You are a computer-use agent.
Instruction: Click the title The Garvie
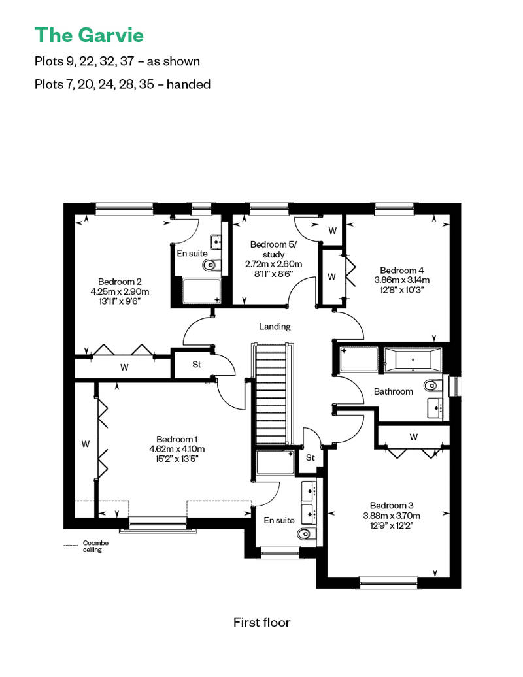click(x=89, y=35)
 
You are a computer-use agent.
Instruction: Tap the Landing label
click(x=275, y=327)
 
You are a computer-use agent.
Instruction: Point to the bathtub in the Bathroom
click(x=413, y=359)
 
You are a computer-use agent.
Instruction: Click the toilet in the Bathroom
click(x=433, y=385)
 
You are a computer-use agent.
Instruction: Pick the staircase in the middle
click(x=272, y=393)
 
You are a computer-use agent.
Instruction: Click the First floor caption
click(x=261, y=622)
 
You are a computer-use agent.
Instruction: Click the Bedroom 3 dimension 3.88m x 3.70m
click(x=392, y=516)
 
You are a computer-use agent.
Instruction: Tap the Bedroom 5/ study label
click(x=273, y=249)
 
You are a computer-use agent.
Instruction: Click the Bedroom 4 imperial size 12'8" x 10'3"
click(x=401, y=289)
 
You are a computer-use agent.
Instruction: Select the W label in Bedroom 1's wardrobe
click(x=86, y=444)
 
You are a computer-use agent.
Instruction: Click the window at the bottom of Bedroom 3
click(x=388, y=582)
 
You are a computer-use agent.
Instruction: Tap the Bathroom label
click(x=393, y=391)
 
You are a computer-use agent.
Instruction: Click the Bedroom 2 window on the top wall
click(x=124, y=209)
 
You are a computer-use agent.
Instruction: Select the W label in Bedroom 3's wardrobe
click(x=413, y=437)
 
